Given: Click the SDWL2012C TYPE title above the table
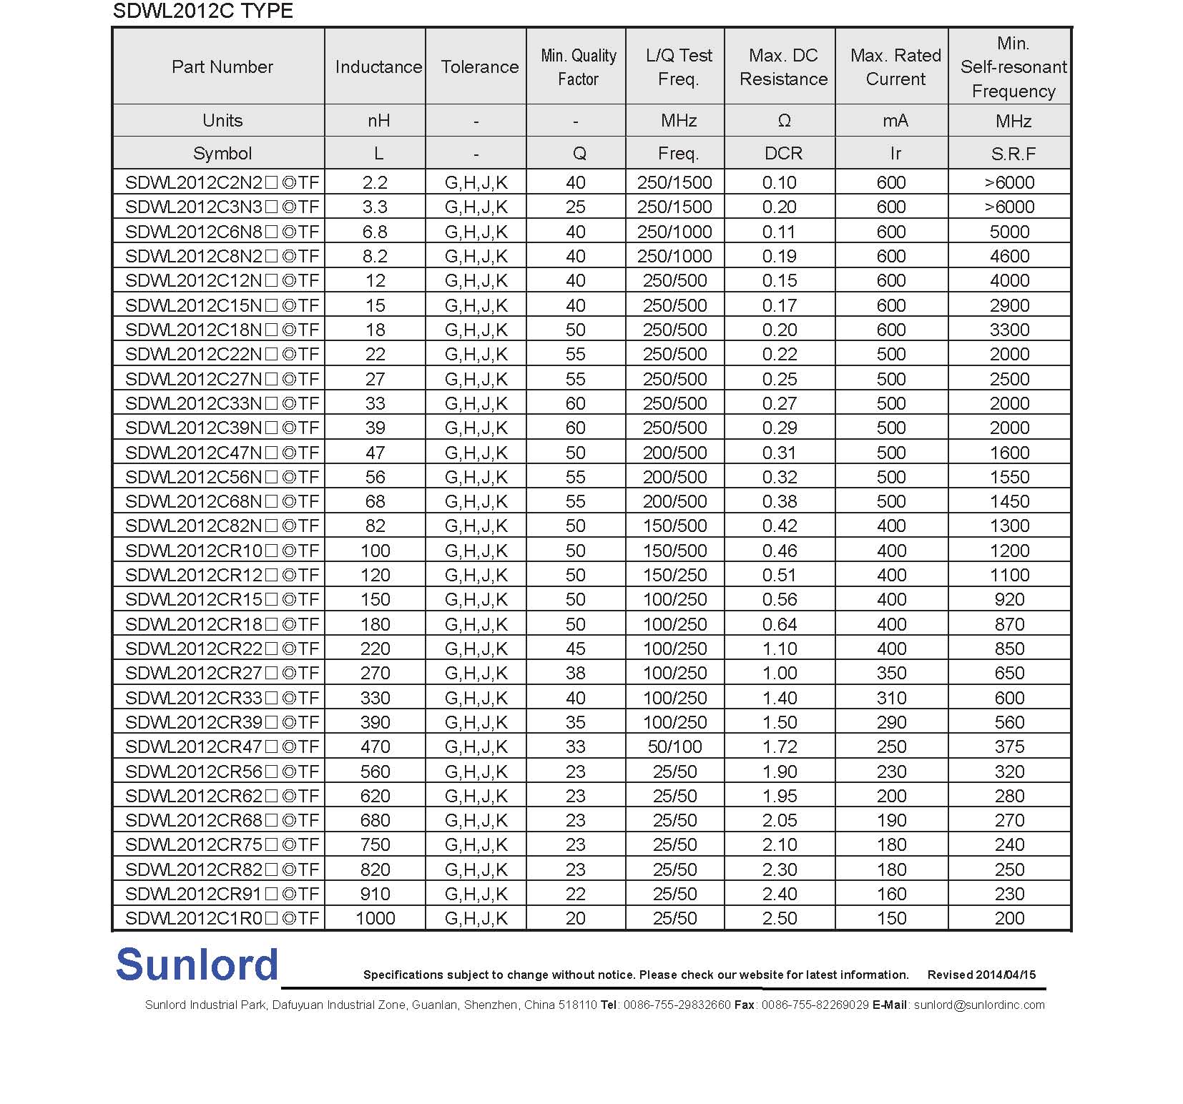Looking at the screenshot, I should [203, 11].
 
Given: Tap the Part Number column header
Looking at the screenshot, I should [222, 66].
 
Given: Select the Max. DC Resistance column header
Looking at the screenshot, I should [783, 67].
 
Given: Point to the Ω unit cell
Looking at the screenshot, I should [784, 121].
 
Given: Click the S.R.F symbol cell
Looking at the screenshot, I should [1013, 154].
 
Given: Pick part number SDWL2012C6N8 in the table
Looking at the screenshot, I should [222, 232].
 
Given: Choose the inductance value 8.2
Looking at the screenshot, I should [375, 256].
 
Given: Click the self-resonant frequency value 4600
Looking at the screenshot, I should [1009, 256].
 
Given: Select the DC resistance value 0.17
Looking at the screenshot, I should [779, 305].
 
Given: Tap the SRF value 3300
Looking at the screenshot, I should [1009, 330].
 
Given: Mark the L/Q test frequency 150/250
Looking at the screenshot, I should [674, 575].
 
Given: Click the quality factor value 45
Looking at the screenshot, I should [576, 649].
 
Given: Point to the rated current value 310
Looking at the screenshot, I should [891, 698].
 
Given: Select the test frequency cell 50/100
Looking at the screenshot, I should [674, 746].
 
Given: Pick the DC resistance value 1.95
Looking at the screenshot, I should [779, 796].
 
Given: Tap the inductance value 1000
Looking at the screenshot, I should [375, 918].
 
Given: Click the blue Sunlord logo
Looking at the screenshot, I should [197, 965].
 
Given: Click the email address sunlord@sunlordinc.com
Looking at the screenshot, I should [979, 1005].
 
